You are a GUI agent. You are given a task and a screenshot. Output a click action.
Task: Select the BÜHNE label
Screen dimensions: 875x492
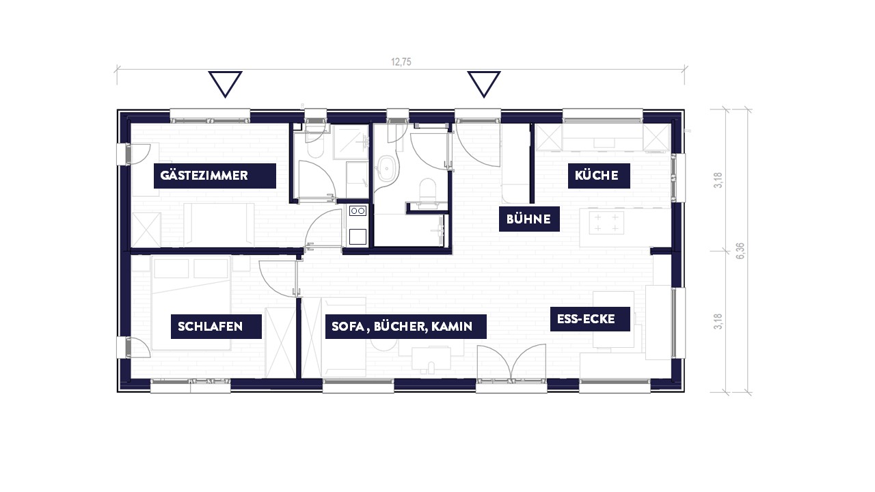point(529,219)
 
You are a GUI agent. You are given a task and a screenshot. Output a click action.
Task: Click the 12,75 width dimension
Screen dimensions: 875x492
point(401,62)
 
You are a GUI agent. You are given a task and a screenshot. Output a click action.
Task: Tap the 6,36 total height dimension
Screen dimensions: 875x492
point(740,251)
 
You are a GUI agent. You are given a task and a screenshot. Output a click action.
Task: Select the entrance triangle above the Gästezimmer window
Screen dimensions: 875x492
point(225,83)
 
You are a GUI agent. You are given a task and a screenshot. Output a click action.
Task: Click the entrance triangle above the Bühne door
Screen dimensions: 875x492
point(484,83)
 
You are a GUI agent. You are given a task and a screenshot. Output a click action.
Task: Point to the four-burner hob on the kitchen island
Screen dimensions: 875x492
point(606,223)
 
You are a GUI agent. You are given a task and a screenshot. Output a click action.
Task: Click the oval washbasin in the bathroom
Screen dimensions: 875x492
point(387,169)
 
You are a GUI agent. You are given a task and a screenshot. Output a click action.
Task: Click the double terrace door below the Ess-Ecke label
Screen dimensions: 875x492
point(511,362)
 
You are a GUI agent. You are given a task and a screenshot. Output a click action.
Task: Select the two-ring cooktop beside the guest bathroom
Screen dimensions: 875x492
point(358,211)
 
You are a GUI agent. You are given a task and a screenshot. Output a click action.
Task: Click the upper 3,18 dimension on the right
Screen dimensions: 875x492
point(718,180)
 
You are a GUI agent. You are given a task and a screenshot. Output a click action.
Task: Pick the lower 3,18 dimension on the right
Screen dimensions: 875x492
point(718,321)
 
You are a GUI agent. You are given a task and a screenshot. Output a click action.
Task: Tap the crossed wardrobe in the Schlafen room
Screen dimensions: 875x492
point(280,342)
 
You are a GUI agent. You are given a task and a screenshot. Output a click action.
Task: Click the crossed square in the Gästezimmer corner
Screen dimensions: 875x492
point(146,230)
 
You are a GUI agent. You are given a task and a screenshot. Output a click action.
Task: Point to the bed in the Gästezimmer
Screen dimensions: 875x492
point(219,225)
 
